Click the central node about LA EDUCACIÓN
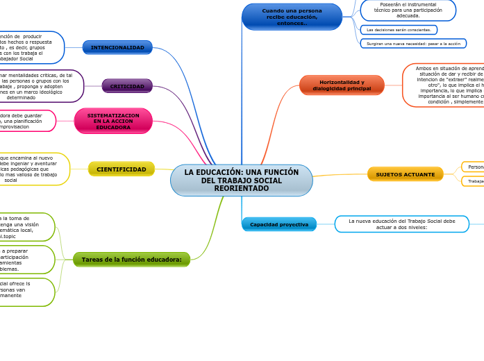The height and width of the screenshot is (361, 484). pos(241,180)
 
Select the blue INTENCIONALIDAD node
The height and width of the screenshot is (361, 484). pos(117,47)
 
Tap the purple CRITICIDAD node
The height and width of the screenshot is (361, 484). pos(127,86)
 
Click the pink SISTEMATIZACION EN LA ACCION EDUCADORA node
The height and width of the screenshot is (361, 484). pos(113,121)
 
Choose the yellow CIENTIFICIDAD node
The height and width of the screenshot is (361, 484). pos(122,169)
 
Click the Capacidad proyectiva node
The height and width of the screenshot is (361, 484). pos(279,224)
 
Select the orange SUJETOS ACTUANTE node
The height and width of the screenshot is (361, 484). pos(405,174)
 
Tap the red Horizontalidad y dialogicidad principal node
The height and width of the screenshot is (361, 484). pos(342,85)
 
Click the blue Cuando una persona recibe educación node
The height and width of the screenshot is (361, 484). pos(292,17)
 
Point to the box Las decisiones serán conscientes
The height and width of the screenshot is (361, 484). pos(399,30)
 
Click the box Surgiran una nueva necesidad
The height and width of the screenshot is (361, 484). pos(413,43)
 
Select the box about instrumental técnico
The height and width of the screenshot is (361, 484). pos(408,10)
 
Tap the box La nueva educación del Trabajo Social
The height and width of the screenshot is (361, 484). pos(401,224)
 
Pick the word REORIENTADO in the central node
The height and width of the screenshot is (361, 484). pos(241,189)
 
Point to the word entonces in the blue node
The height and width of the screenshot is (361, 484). pos(292,24)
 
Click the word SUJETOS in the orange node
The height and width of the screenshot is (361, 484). pos(390,174)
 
